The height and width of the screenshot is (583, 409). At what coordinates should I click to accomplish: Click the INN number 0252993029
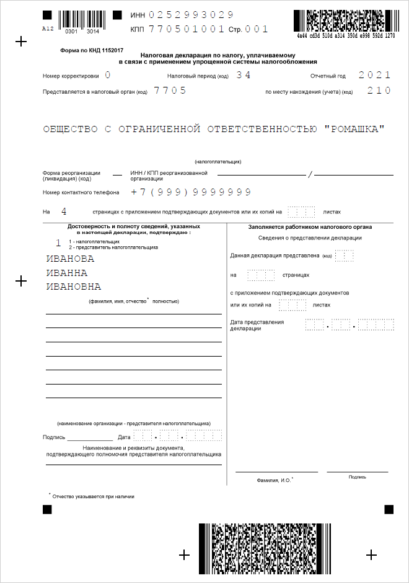click(191, 14)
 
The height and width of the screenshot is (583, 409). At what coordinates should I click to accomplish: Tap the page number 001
click(257, 29)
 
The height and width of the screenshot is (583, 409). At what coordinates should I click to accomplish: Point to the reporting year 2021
click(375, 75)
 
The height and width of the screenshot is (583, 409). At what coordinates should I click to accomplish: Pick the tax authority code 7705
click(170, 90)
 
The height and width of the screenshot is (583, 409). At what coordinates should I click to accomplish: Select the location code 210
click(379, 90)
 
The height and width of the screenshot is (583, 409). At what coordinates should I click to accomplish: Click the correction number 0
click(108, 75)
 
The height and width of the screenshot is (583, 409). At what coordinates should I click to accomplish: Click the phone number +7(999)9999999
click(191, 192)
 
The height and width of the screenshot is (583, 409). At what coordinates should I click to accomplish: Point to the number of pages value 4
click(64, 211)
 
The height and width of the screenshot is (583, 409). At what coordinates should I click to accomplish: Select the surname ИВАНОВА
click(70, 259)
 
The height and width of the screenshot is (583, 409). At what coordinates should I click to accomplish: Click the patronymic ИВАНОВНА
click(74, 287)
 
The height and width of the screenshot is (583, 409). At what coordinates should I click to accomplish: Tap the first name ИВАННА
click(66, 273)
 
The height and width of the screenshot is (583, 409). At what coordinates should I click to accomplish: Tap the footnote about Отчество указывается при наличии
click(93, 496)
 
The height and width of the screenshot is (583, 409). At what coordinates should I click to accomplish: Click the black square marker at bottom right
click(389, 509)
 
